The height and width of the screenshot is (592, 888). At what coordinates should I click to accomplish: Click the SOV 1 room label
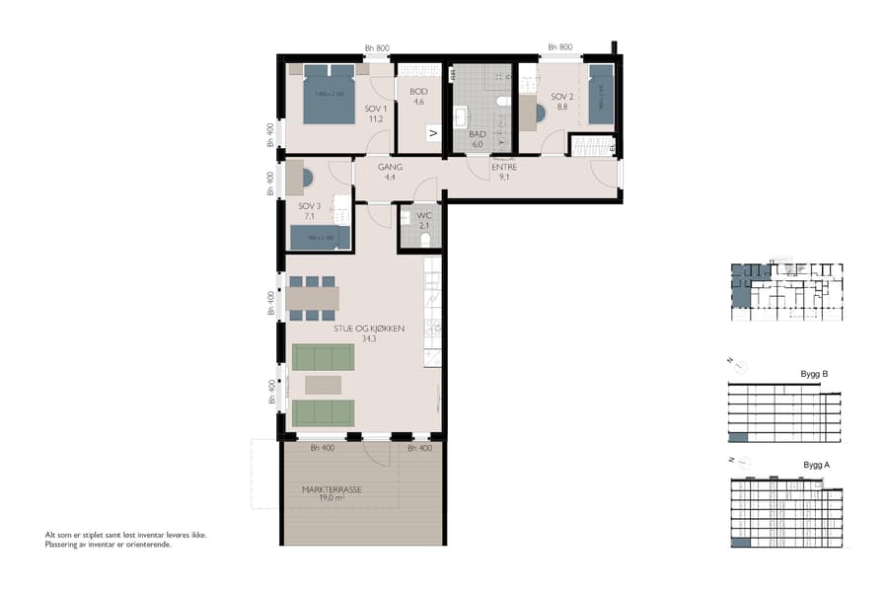pos(374,113)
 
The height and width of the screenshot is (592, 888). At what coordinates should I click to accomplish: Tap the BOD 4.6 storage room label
pos(417,95)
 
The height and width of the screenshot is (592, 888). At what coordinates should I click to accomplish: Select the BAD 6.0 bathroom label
pos(478,139)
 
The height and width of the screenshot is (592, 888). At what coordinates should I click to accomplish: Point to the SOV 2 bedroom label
pos(561,102)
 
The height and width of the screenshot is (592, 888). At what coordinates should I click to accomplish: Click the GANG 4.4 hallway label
pos(390,172)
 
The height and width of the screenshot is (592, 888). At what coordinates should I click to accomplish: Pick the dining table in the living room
pos(314,298)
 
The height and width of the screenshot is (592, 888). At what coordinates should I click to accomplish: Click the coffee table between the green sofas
pos(323,384)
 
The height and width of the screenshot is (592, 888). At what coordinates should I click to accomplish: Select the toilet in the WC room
pos(425,239)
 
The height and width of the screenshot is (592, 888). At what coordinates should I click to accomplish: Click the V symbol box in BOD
pos(432,133)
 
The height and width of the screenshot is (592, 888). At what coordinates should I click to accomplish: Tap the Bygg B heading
pos(813,375)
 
